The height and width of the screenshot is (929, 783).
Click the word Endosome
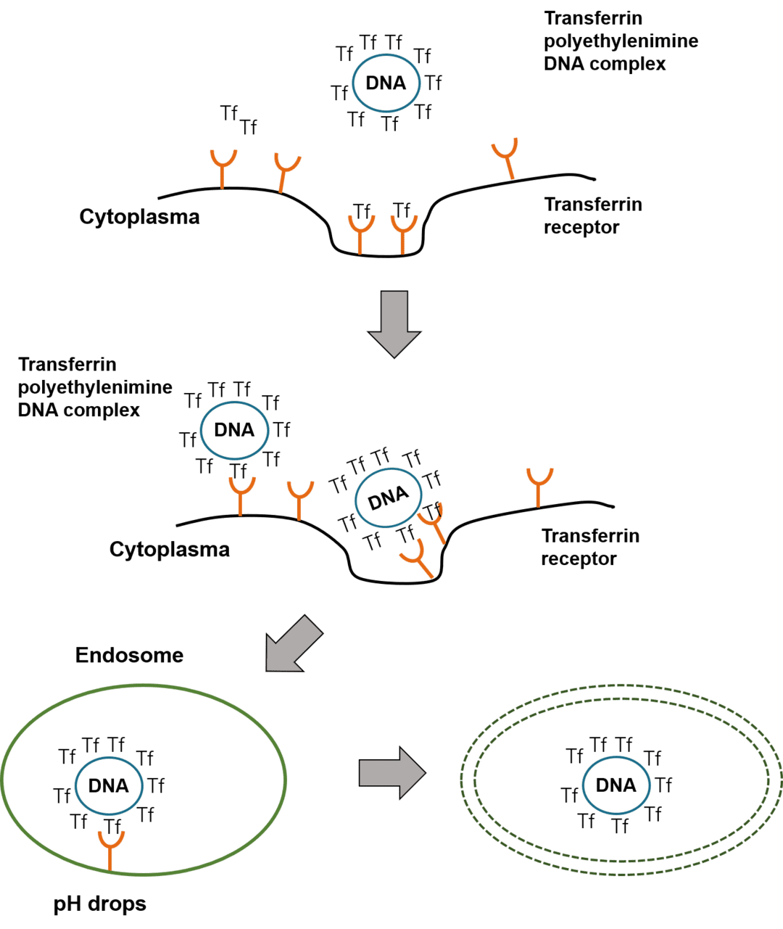pos(130,656)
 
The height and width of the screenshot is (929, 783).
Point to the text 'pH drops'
pos(100,904)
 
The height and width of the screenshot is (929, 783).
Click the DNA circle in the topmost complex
pos(386,83)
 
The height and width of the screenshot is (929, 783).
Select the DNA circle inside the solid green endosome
pos(109,785)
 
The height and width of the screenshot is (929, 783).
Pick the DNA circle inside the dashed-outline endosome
pos(616,785)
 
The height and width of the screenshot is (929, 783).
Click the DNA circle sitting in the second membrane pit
pos(389,498)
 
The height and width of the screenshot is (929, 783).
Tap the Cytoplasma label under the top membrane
pos(139,217)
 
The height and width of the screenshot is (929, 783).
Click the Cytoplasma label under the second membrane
pos(170,550)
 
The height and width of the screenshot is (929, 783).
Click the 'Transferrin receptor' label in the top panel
pos(592,216)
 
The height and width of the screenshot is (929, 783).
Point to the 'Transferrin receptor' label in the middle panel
pos(589,548)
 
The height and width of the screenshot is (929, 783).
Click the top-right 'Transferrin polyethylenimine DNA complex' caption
pos(621,41)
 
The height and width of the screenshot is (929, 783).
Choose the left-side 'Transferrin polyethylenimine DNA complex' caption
pos(95,387)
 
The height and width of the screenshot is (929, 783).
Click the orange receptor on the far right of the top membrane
pos(506,158)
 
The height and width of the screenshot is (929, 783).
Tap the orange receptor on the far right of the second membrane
pos(539,486)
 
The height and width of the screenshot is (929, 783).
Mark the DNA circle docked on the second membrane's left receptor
pos(233,430)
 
